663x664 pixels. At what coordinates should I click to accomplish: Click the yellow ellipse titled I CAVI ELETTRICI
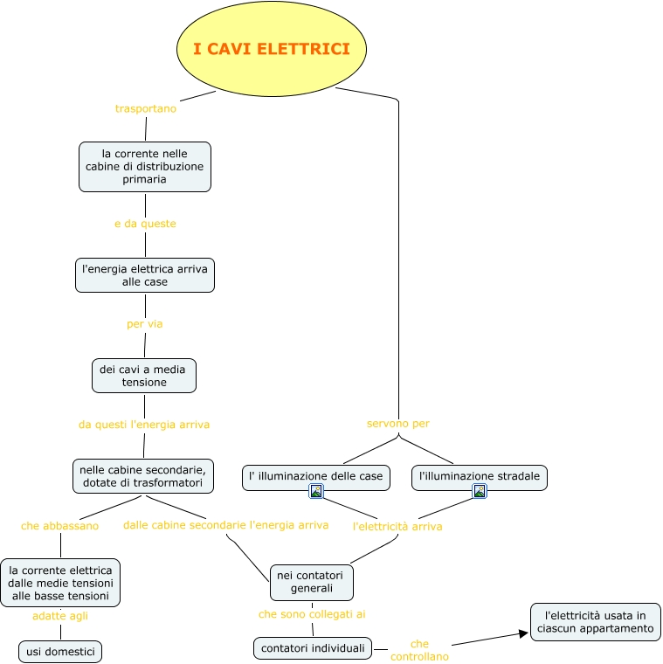coord(272,49)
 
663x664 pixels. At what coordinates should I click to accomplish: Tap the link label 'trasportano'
coord(146,108)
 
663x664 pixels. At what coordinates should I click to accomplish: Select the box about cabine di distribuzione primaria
coord(145,166)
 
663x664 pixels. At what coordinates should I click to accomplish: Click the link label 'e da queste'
coord(145,224)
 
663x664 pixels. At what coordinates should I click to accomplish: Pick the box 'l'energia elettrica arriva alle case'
coord(145,275)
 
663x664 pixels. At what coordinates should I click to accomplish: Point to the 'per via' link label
coord(145,324)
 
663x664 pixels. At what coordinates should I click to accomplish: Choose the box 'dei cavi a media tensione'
coord(144,376)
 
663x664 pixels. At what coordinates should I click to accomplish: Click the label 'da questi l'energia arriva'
coord(144,425)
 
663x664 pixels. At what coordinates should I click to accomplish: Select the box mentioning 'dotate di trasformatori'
coord(142,476)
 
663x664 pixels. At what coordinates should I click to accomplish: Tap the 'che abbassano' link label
coord(60,526)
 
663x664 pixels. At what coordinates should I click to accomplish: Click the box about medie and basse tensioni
coord(60,583)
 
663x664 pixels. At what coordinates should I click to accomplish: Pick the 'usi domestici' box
coord(60,652)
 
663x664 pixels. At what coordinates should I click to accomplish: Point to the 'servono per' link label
coord(398,424)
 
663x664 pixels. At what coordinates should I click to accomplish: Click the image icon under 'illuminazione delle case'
coord(316,491)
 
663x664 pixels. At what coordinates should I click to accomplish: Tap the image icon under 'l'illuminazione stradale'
coord(480,491)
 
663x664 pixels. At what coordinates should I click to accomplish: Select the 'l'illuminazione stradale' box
coord(480,477)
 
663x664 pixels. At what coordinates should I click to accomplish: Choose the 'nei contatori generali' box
coord(312,582)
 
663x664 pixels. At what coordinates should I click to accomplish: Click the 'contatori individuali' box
coord(313,648)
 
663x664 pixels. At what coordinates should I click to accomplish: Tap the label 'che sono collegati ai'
coord(312,614)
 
